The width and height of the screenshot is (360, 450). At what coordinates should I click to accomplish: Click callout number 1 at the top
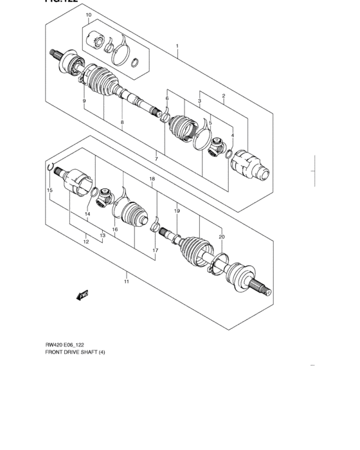[x=177, y=46]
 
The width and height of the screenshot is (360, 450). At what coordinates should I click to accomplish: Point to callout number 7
[x=156, y=158]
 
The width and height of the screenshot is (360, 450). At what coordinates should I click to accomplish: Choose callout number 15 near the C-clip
[x=49, y=191]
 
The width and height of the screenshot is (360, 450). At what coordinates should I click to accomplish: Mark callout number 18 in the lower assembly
[x=152, y=179]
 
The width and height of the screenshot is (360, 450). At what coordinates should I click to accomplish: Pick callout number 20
[x=221, y=237]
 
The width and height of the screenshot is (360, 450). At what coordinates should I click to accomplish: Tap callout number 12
[x=85, y=242]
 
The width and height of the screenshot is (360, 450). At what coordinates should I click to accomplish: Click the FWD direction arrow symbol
[x=82, y=295]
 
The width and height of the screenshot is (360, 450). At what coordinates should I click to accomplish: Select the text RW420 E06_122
[x=67, y=344]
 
